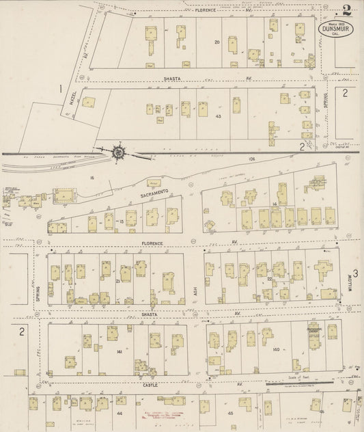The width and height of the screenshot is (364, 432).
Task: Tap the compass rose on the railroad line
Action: [120, 152]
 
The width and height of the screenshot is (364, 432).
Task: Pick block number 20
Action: [217, 42]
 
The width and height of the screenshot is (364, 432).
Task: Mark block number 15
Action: [122, 222]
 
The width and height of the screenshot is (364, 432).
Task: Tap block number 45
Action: [230, 414]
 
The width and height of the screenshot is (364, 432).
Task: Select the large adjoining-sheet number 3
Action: [355, 273]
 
